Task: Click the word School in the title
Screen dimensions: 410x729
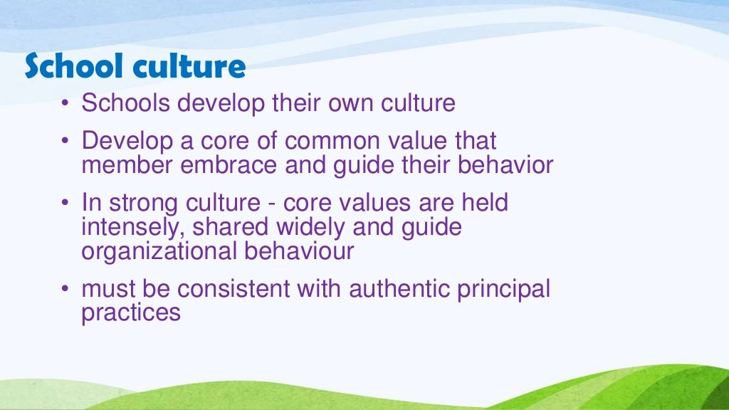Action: point(69,67)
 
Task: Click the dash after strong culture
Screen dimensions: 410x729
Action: point(273,204)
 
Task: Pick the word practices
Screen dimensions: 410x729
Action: point(131,313)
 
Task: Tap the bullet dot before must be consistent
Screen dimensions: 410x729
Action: point(65,290)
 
